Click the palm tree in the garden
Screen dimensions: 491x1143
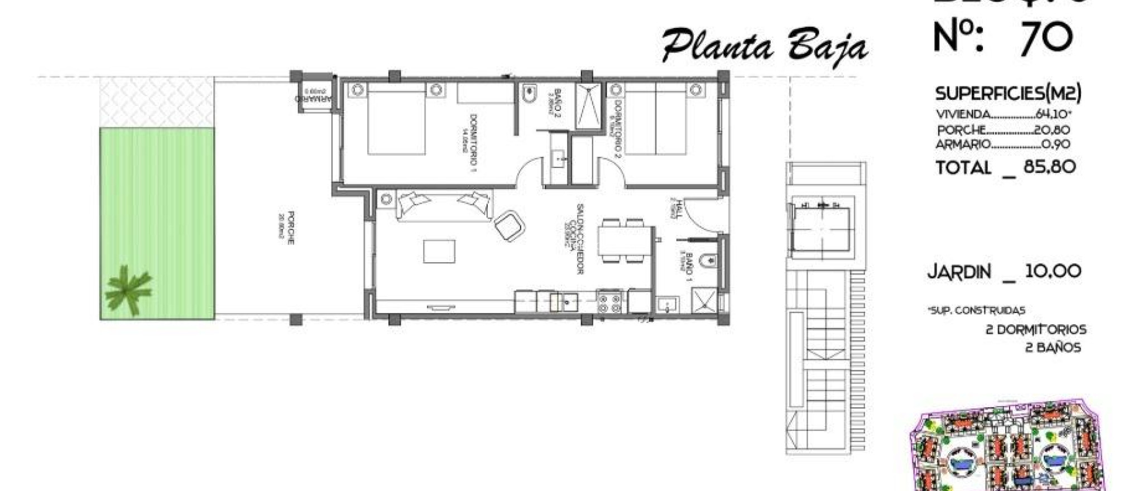[128, 290]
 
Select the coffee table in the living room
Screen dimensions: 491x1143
[439, 251]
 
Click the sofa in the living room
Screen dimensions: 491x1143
[444, 205]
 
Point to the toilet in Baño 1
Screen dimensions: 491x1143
[708, 260]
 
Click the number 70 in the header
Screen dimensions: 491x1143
[1046, 38]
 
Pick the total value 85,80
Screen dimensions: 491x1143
[1049, 167]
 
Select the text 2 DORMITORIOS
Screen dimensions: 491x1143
[1036, 330]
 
